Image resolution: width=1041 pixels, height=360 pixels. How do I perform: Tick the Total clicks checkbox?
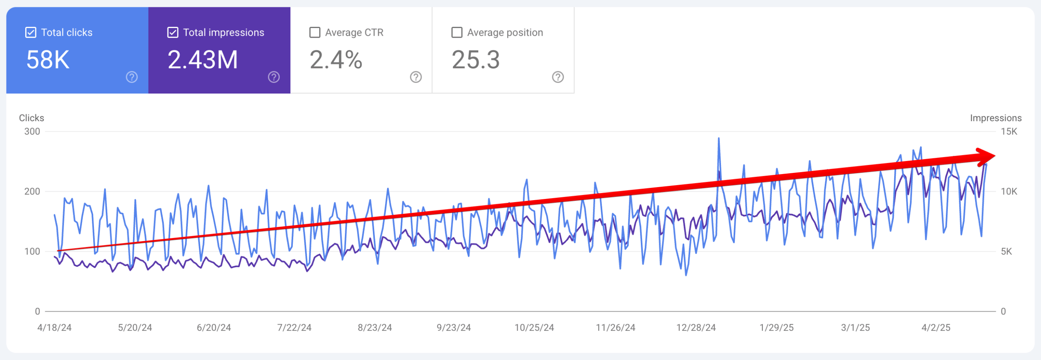(31, 33)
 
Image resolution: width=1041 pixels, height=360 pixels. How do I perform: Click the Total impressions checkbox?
(173, 33)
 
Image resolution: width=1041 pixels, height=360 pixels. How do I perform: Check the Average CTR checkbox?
(315, 33)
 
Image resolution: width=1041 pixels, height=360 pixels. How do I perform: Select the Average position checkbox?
(457, 33)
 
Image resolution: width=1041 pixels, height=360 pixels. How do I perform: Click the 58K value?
(48, 60)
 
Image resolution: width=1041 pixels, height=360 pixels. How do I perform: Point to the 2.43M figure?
(203, 60)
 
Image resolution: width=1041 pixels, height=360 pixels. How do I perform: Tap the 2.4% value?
(336, 60)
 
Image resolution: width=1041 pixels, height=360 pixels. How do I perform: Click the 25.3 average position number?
(476, 60)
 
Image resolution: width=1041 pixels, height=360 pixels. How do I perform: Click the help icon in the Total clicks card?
(132, 77)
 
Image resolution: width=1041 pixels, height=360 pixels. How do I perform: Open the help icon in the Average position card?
(558, 77)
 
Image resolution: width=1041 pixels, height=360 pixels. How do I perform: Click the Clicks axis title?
(31, 118)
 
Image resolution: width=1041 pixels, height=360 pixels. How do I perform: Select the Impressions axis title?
(995, 118)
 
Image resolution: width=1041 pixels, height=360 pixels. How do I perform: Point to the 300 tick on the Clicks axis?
(32, 131)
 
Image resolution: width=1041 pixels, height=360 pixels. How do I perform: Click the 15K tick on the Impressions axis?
(1009, 131)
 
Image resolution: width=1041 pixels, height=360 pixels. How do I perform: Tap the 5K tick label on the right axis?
(1006, 251)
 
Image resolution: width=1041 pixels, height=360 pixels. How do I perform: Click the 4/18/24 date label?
(54, 327)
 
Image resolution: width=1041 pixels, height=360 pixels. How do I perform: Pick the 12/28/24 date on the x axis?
(696, 327)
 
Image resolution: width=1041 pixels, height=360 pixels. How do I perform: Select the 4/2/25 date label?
(936, 327)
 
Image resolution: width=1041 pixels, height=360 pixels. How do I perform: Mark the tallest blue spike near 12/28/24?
(719, 139)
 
